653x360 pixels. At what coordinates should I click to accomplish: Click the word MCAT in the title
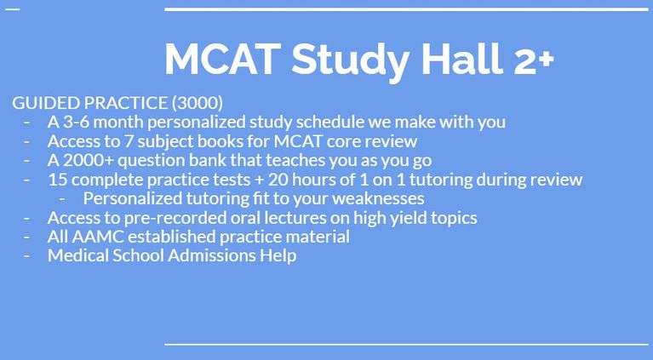tap(222, 59)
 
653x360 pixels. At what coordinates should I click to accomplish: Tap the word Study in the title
tap(350, 61)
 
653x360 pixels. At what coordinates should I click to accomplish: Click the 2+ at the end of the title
tap(535, 60)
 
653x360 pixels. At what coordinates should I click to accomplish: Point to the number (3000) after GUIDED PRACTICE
tap(197, 103)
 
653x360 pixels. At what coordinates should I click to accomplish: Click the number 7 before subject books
tap(129, 141)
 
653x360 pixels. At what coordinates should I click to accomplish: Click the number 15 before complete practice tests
tap(57, 180)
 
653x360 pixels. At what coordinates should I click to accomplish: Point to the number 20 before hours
tap(277, 180)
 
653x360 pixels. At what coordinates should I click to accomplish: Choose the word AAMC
tap(98, 237)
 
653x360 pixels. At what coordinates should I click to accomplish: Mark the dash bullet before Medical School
tap(27, 256)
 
